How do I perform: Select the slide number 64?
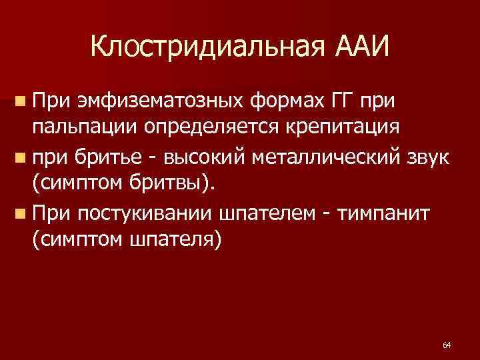click(446, 345)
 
